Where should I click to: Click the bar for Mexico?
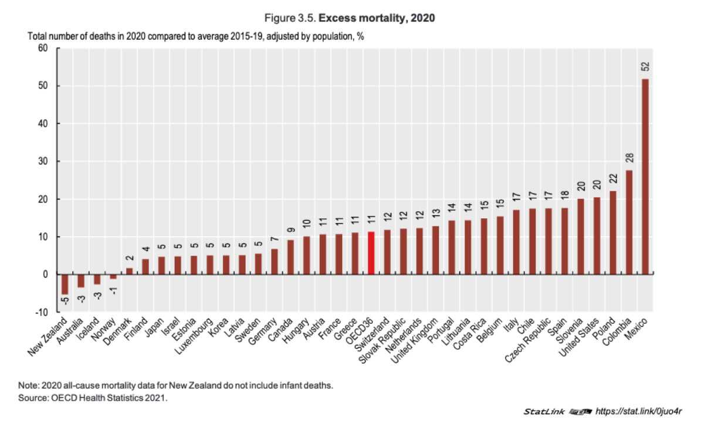pos(645,176)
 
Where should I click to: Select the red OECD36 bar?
pos(371,253)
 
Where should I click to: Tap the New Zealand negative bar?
pos(65,284)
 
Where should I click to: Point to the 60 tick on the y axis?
pos(42,48)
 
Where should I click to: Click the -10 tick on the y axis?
pos(42,312)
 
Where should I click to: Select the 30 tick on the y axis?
pos(42,161)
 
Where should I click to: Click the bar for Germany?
pos(274,262)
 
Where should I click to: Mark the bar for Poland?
pos(612,232)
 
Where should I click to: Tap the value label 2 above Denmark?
pos(130,258)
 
